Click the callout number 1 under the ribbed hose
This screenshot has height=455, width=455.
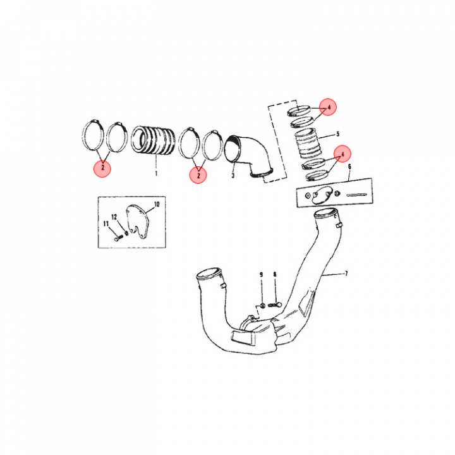pyautogui.click(x=155, y=172)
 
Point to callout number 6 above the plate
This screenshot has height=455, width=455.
pyautogui.click(x=349, y=166)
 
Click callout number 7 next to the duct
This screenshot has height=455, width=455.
pyautogui.click(x=346, y=274)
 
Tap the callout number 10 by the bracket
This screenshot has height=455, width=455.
pyautogui.click(x=157, y=205)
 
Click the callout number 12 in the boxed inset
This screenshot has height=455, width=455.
pyautogui.click(x=115, y=217)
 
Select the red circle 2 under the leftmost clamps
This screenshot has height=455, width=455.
pyautogui.click(x=101, y=168)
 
